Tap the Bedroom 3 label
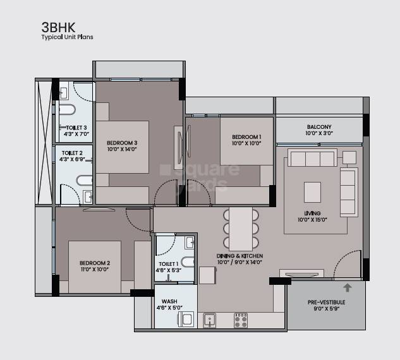click(x=122, y=143)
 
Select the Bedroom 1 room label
click(x=246, y=138)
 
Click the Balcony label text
click(x=318, y=127)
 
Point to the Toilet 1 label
click(x=168, y=263)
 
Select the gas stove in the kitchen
click(x=241, y=320)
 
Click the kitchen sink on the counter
click(x=210, y=320)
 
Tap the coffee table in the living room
click(x=313, y=191)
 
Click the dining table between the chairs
click(x=241, y=229)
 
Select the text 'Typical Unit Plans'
click(x=67, y=38)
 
